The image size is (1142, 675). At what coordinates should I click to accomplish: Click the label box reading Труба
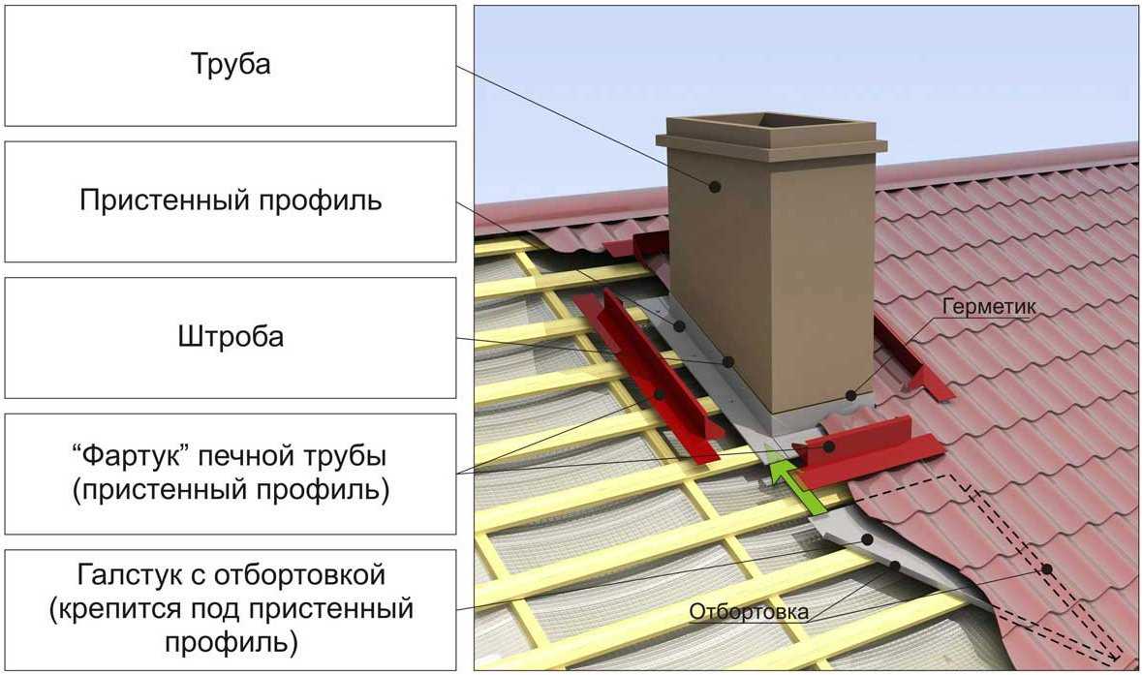tap(230, 66)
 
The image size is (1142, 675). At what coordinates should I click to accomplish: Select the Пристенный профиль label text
tap(231, 200)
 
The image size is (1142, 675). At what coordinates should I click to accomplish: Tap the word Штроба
tap(231, 337)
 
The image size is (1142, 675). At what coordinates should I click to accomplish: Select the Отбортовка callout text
tap(749, 611)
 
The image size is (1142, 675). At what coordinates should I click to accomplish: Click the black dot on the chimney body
tap(716, 186)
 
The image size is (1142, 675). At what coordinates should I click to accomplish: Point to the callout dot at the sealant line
tap(851, 395)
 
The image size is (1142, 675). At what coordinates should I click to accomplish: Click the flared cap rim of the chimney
tap(771, 141)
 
